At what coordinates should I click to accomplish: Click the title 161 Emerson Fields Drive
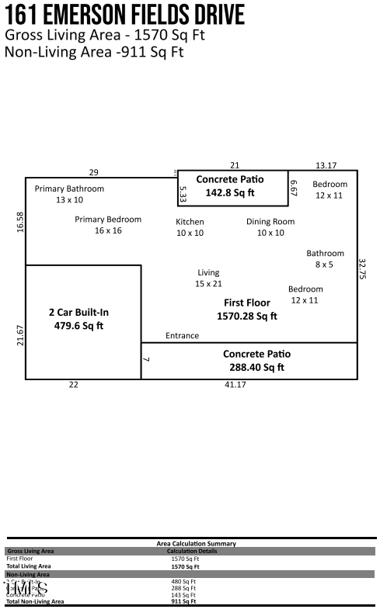tap(124, 15)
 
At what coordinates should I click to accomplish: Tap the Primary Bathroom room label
tap(69, 189)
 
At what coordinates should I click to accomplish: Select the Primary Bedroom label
tap(108, 220)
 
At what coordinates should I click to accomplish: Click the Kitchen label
tap(190, 222)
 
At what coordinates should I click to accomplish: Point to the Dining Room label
tap(270, 222)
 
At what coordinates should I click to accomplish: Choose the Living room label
tap(208, 273)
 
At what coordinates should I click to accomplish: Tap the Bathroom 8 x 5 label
tap(325, 254)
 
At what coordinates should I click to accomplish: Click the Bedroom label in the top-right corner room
tap(329, 185)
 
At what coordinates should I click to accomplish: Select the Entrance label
tap(182, 336)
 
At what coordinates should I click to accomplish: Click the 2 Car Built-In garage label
tap(78, 313)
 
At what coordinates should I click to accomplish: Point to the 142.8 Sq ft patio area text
tap(230, 193)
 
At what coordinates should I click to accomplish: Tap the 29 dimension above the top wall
tap(93, 172)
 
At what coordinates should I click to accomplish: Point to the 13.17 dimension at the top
tap(326, 165)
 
